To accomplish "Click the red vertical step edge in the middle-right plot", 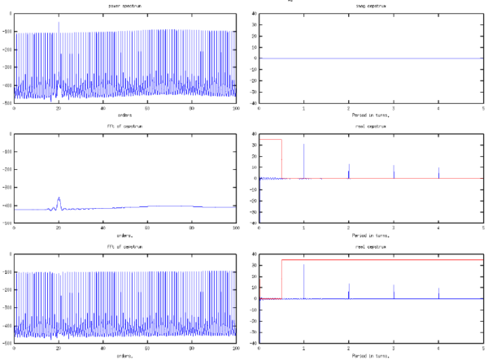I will pyautogui.click(x=281, y=158).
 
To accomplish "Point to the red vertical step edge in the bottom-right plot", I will pyautogui.click(x=281, y=279).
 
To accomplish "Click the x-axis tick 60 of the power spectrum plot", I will pyautogui.click(x=147, y=107).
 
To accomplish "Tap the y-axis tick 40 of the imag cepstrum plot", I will pyautogui.click(x=254, y=14).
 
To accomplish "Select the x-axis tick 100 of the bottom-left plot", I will pyautogui.click(x=235, y=347).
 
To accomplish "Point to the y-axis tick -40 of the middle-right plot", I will pyautogui.click(x=253, y=223).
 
